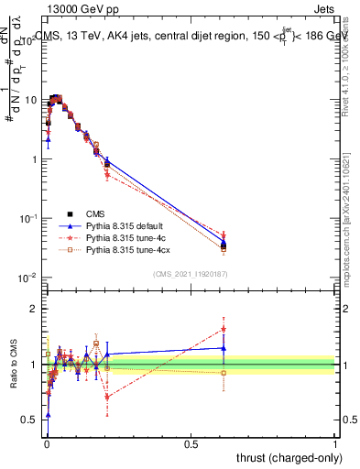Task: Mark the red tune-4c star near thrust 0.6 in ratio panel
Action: pyautogui.click(x=224, y=329)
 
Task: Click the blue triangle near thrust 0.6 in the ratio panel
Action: pyautogui.click(x=224, y=348)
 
